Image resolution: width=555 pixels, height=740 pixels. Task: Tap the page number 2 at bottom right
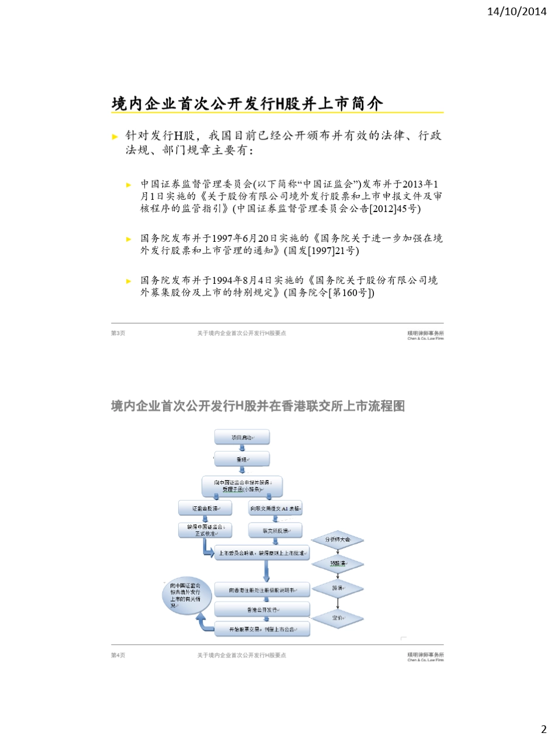tap(543, 729)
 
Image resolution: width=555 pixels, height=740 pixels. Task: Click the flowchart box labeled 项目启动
tap(242, 437)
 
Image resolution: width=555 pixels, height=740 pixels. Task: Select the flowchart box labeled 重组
tap(242, 459)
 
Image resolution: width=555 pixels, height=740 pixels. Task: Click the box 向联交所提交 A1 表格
tap(275, 508)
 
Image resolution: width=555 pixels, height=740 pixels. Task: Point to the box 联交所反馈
tap(275, 530)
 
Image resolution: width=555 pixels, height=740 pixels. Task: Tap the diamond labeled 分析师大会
tap(338, 540)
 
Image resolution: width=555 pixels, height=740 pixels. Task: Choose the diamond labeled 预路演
tap(338, 564)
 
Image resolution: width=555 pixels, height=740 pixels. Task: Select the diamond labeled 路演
tap(338, 588)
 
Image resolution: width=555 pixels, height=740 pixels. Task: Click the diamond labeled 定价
tap(338, 617)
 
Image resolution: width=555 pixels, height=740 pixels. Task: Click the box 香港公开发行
tap(262, 609)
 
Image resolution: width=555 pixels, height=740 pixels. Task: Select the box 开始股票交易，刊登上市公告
tap(262, 628)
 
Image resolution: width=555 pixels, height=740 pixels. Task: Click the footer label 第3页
tap(118, 333)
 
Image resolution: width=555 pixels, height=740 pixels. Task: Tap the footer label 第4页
tap(118, 655)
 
